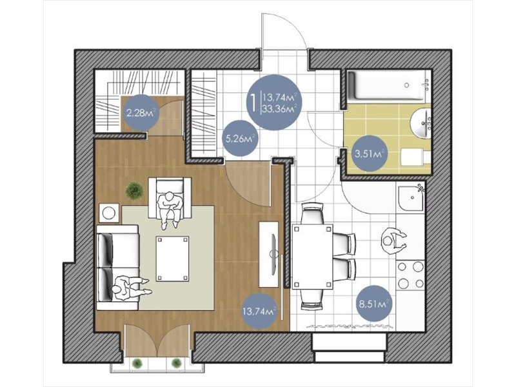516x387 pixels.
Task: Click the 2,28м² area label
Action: coord(141,114)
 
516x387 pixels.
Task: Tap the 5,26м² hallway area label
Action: coord(240,139)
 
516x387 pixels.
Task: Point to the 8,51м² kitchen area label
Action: coord(374,304)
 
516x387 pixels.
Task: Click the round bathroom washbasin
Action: coord(421,124)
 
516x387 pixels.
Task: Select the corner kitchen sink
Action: coord(411,198)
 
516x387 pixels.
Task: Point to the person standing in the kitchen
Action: coord(394,241)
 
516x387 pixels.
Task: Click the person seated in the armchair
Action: coord(169,209)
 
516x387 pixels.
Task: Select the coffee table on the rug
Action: coord(172,259)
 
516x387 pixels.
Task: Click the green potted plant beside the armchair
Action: coord(134,190)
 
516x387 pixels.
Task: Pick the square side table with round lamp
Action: coord(109,213)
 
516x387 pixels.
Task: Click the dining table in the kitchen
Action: coord(312,257)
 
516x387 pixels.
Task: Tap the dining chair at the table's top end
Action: coord(312,213)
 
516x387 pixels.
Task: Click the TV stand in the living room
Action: coord(269,254)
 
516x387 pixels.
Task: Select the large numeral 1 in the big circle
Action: coord(253,103)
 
